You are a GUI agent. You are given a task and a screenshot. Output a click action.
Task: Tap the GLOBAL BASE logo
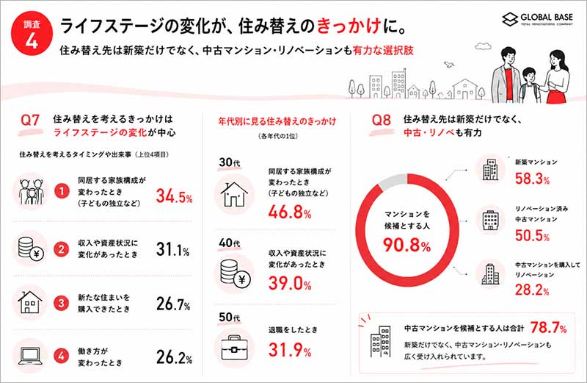[x=537, y=19]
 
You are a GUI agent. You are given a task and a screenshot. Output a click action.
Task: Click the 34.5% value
[x=174, y=196]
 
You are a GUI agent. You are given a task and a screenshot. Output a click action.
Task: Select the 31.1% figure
[x=172, y=249]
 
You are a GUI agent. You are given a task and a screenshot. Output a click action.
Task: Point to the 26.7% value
[x=173, y=304]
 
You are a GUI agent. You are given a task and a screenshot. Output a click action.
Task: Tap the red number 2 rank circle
[x=62, y=249]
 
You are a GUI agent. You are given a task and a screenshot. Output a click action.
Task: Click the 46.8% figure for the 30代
[x=290, y=212]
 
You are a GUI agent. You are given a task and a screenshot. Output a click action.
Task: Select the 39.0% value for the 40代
[x=290, y=283]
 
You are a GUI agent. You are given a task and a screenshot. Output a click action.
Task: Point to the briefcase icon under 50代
[x=234, y=348]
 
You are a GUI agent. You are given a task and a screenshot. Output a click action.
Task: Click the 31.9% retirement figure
[x=290, y=350]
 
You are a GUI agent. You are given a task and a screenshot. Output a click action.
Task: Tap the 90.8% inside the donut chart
[x=406, y=245]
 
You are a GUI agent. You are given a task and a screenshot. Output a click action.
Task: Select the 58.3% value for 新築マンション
[x=532, y=179]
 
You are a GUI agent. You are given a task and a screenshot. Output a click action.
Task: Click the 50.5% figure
[x=532, y=235]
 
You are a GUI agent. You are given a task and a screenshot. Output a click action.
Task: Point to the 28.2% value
[x=532, y=290]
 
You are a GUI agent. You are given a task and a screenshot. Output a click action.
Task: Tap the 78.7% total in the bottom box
[x=548, y=327]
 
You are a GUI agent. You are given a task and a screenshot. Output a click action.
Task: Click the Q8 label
[x=381, y=120]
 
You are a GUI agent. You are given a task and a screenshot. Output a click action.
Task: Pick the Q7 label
[x=30, y=120]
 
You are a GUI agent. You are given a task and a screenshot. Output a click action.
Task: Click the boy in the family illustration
[x=528, y=85]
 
